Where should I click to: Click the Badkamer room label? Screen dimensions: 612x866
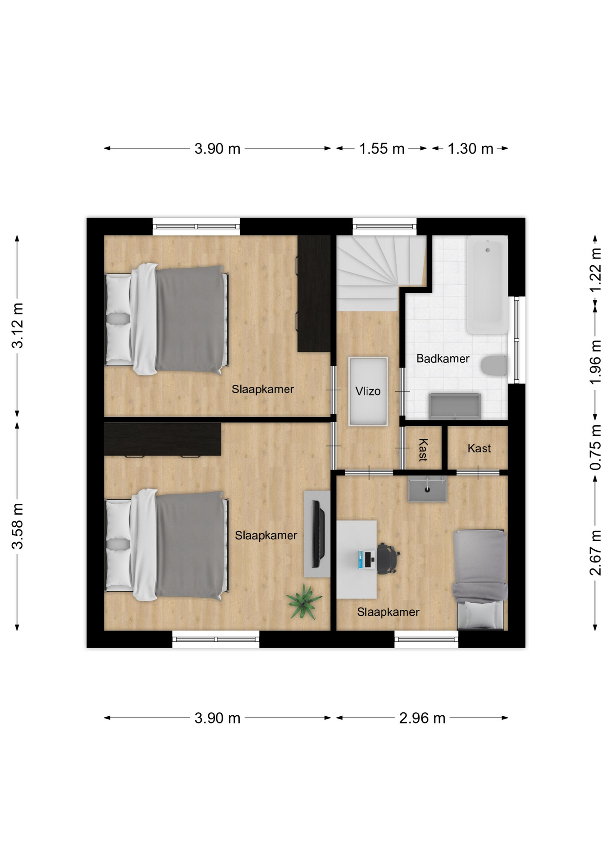tap(443, 359)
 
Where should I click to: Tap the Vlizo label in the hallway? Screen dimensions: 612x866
tap(368, 391)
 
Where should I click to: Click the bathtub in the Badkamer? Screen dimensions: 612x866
tap(487, 285)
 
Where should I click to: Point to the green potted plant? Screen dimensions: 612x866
tap(303, 601)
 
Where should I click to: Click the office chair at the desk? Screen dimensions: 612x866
tap(387, 558)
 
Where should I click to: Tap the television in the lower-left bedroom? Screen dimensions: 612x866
tap(318, 534)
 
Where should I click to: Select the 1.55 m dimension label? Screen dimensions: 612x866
tap(382, 148)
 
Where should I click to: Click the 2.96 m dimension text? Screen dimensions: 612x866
tap(422, 718)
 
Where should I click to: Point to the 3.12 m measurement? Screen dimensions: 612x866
tap(18, 326)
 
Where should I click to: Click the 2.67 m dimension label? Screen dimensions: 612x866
tap(595, 553)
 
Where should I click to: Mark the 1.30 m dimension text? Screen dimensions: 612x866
tap(470, 148)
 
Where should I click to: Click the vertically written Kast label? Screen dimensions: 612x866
tap(423, 450)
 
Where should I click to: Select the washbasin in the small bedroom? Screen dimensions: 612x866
tap(427, 490)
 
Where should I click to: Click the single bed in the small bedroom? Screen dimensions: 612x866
tap(480, 580)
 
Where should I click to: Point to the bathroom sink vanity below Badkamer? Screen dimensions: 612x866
tap(455, 406)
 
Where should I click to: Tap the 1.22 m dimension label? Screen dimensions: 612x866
tap(595, 271)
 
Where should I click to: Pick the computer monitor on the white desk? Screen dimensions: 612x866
tap(361, 559)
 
